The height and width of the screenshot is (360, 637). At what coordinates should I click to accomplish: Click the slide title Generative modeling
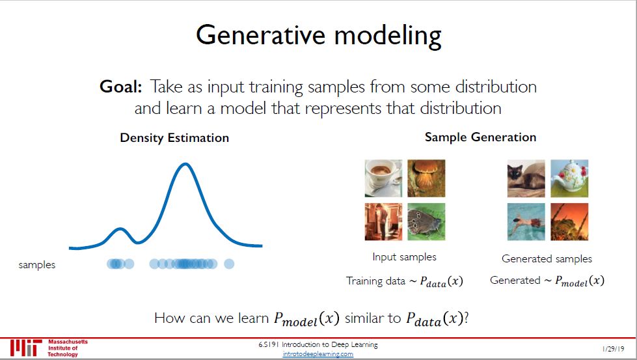(x=319, y=36)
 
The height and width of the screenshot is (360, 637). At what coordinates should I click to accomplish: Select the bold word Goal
(x=120, y=87)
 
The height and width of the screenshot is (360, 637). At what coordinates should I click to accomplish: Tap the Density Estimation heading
(x=174, y=138)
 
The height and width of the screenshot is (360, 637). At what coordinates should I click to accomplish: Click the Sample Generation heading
(x=480, y=137)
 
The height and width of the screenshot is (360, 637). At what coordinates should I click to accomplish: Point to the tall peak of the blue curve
(x=185, y=164)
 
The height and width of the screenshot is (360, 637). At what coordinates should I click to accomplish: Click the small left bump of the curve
(x=120, y=229)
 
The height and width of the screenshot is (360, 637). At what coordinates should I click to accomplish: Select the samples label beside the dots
(x=37, y=265)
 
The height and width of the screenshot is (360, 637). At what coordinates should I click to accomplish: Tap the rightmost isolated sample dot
(x=229, y=264)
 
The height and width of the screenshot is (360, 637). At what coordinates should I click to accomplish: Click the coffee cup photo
(x=383, y=178)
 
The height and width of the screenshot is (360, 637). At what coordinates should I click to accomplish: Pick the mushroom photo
(x=426, y=178)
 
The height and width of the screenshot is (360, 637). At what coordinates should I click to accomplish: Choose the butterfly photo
(x=426, y=221)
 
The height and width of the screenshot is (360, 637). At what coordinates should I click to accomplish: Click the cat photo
(x=526, y=178)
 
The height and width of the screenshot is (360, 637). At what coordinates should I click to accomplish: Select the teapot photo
(x=569, y=178)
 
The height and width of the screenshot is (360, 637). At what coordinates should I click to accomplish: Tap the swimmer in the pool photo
(x=526, y=222)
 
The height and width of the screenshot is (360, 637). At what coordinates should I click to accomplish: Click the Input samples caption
(x=404, y=257)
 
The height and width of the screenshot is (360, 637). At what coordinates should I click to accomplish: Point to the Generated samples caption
(x=547, y=259)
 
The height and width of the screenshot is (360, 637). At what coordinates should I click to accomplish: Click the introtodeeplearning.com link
(x=318, y=354)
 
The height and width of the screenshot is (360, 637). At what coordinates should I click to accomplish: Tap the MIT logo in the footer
(x=27, y=348)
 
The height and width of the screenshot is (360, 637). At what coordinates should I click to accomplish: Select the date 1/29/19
(x=614, y=349)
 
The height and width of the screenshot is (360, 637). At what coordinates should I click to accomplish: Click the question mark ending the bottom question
(x=467, y=318)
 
